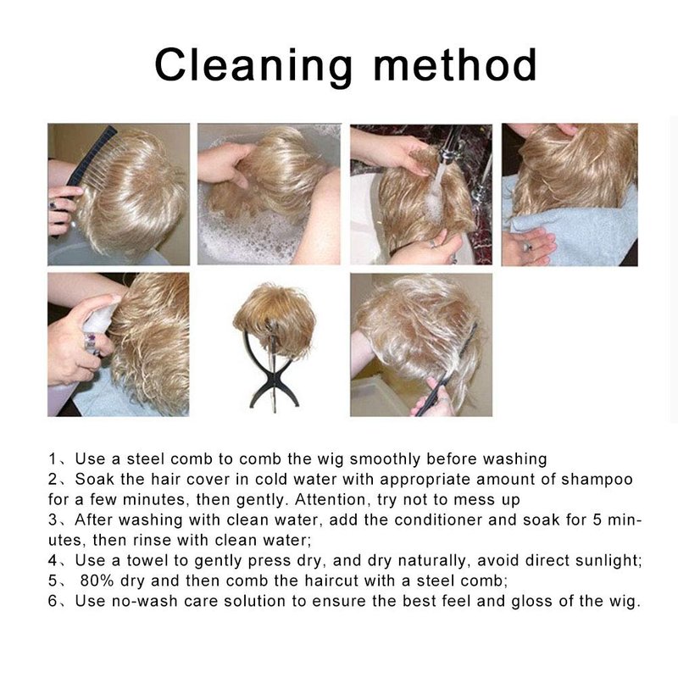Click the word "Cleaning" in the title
(253, 66)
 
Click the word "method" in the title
(455, 64)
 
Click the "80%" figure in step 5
(97, 581)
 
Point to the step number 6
(53, 601)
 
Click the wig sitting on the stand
(275, 318)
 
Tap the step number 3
(53, 520)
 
